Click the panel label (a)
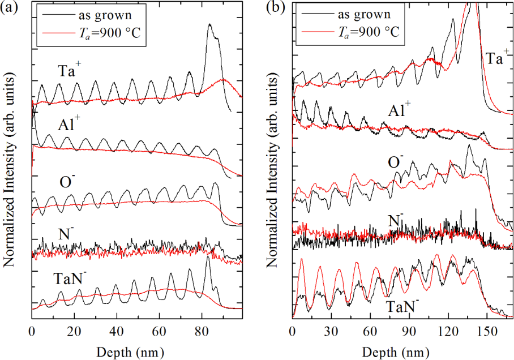coord(12,8)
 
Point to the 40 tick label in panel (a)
coord(117,330)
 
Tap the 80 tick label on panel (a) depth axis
coord(201,330)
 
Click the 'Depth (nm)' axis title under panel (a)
coord(135,348)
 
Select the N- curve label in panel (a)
coord(64,233)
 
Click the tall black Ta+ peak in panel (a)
coord(210,25)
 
